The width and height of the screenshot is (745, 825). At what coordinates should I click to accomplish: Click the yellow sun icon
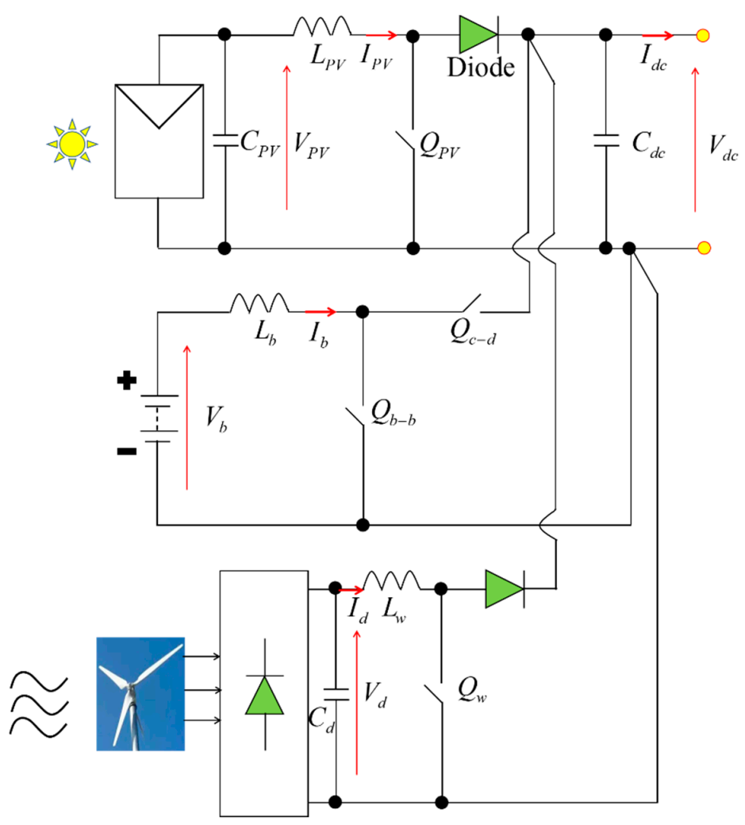click(71, 144)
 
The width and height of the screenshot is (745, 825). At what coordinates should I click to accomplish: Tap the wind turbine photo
click(140, 693)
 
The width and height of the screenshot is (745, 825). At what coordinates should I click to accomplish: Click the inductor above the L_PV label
click(321, 29)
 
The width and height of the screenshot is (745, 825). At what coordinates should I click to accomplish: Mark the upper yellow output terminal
click(703, 36)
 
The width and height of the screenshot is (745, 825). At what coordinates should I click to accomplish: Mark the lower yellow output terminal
click(703, 248)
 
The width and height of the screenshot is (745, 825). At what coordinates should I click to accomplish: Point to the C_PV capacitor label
click(260, 145)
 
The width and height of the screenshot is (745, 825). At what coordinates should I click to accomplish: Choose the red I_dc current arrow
click(658, 36)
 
